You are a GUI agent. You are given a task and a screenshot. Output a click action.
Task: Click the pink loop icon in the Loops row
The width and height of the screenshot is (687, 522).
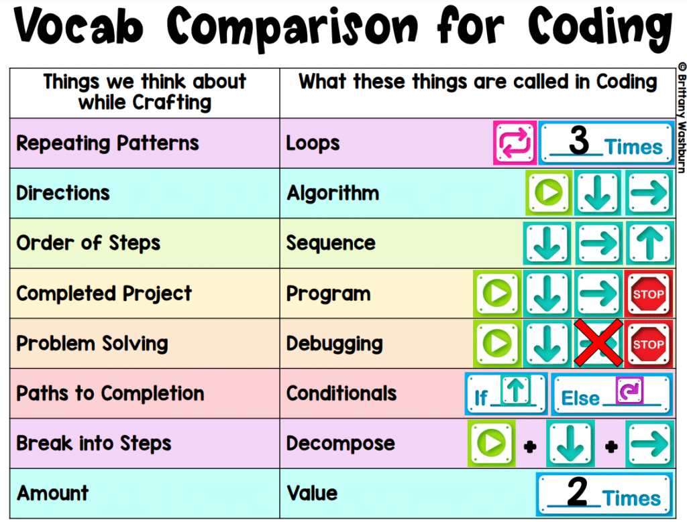click(515, 143)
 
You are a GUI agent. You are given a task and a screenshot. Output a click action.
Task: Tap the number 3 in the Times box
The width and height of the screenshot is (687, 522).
click(579, 140)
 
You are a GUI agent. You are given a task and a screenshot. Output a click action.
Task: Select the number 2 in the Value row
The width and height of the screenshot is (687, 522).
click(577, 492)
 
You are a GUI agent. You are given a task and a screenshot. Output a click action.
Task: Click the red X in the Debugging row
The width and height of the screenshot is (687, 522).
click(598, 342)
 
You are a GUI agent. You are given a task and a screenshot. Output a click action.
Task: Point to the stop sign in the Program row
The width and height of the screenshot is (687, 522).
click(649, 293)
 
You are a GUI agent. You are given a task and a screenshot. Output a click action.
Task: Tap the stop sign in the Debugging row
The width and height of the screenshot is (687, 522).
click(649, 344)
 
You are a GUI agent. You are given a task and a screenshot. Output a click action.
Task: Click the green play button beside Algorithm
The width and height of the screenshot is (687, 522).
click(549, 192)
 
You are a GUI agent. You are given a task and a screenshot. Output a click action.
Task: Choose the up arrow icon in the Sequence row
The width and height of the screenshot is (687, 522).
click(649, 243)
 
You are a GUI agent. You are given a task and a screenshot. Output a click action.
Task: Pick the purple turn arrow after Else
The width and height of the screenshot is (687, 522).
click(629, 390)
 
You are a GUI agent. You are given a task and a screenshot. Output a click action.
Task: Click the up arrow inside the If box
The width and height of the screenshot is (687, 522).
click(515, 389)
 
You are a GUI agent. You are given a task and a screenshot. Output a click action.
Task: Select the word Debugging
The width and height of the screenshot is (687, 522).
click(334, 344)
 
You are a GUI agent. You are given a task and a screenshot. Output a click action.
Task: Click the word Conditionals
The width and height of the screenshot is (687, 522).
click(341, 393)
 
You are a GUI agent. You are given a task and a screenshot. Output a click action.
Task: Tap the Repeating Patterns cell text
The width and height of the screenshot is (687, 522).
click(107, 143)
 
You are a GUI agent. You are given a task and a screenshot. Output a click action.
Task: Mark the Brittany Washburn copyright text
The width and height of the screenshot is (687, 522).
click(682, 117)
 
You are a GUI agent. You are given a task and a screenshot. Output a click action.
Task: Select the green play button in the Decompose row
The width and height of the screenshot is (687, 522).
click(491, 443)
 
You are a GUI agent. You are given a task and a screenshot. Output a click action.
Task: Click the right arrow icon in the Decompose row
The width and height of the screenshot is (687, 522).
click(649, 443)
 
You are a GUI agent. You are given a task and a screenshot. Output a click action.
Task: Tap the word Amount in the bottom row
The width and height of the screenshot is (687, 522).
click(52, 493)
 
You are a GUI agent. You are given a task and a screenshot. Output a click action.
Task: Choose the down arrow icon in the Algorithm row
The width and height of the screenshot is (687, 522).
click(598, 193)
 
